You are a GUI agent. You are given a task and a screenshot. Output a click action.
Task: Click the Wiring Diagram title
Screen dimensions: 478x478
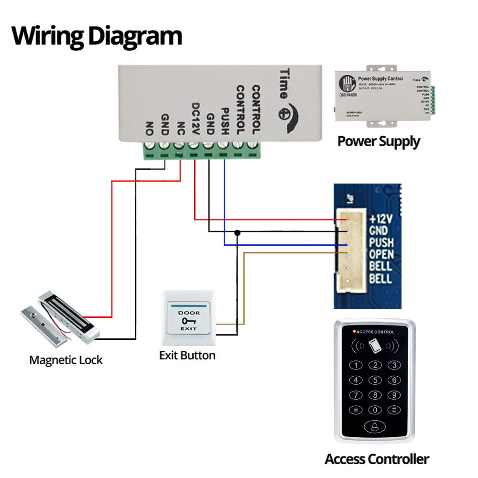click(97, 36)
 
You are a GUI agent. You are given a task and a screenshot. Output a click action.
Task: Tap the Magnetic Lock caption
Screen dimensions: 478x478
click(66, 359)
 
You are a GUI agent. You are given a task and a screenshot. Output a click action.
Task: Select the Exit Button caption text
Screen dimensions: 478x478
click(187, 355)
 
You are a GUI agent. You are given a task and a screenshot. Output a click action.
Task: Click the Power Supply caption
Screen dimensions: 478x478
click(379, 141)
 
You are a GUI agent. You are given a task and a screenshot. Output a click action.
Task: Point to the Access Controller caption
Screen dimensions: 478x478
click(377, 459)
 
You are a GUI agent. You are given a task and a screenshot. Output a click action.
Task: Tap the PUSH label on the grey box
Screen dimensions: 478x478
click(224, 121)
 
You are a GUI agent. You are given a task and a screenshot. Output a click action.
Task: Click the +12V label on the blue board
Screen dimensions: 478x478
click(381, 219)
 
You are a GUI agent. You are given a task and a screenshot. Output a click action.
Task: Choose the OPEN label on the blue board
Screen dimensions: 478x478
click(381, 254)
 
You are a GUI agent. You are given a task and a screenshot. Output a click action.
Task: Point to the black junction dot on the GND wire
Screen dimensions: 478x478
click(237, 233)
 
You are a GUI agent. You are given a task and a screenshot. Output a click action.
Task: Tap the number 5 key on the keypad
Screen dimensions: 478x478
click(375, 380)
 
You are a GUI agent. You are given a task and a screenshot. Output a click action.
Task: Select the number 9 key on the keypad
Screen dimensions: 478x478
click(393, 395)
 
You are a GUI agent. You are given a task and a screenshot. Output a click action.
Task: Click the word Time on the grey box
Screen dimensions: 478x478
click(284, 83)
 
